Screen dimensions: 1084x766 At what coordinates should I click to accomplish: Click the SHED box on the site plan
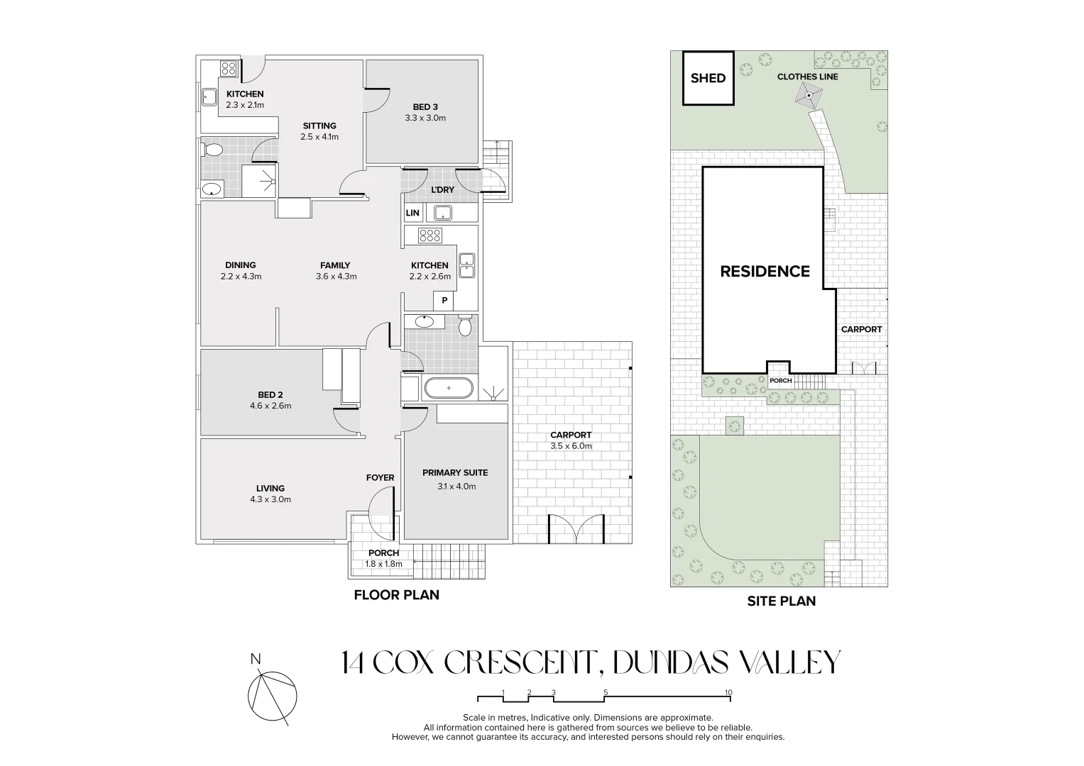708,78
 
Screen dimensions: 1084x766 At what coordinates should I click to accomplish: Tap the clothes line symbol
809,96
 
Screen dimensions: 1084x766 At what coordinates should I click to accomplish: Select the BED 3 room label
425,107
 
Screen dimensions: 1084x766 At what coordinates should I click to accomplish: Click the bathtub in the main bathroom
449,388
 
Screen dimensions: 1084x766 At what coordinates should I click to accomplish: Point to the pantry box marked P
444,301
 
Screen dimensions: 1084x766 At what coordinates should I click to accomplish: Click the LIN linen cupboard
412,213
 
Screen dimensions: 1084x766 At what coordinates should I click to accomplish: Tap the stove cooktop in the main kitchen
430,235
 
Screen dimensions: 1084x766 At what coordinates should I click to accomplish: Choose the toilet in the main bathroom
465,326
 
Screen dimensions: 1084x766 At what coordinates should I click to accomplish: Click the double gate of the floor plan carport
576,529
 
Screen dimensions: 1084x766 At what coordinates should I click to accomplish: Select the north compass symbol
272,695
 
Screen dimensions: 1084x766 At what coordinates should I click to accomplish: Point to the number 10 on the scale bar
728,692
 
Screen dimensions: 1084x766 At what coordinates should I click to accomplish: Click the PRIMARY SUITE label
455,472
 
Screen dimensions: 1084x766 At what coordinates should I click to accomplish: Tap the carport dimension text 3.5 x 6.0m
571,446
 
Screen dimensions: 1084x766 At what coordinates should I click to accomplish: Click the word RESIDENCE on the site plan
765,271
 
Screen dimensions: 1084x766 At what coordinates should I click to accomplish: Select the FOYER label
381,477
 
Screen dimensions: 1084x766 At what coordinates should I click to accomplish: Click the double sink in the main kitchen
467,265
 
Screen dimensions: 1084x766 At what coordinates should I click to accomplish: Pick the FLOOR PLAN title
396,595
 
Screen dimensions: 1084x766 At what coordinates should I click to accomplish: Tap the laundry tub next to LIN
443,213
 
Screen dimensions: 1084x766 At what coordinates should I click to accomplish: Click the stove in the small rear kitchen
229,69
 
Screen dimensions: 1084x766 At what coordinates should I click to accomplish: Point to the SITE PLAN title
781,601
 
